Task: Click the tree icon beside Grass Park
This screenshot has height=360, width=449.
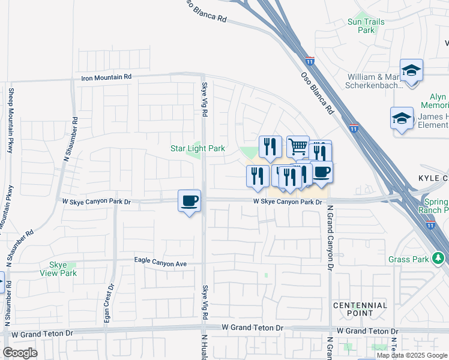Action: click(439, 259)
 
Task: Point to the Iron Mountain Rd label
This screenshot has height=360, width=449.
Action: click(106, 77)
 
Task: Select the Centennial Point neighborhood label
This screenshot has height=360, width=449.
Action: click(360, 309)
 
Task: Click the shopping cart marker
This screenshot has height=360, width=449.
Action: click(297, 146)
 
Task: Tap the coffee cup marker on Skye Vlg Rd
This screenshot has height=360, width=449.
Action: click(189, 200)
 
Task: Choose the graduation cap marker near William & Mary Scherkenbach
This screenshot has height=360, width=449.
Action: click(411, 70)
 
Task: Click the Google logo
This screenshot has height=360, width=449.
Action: click(20, 353)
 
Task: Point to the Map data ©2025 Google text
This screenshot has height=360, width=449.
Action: click(412, 355)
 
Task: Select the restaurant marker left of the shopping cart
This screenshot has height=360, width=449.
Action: click(270, 146)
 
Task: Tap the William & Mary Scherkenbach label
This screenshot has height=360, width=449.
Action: click(382, 82)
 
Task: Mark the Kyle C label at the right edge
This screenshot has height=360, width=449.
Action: click(433, 179)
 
